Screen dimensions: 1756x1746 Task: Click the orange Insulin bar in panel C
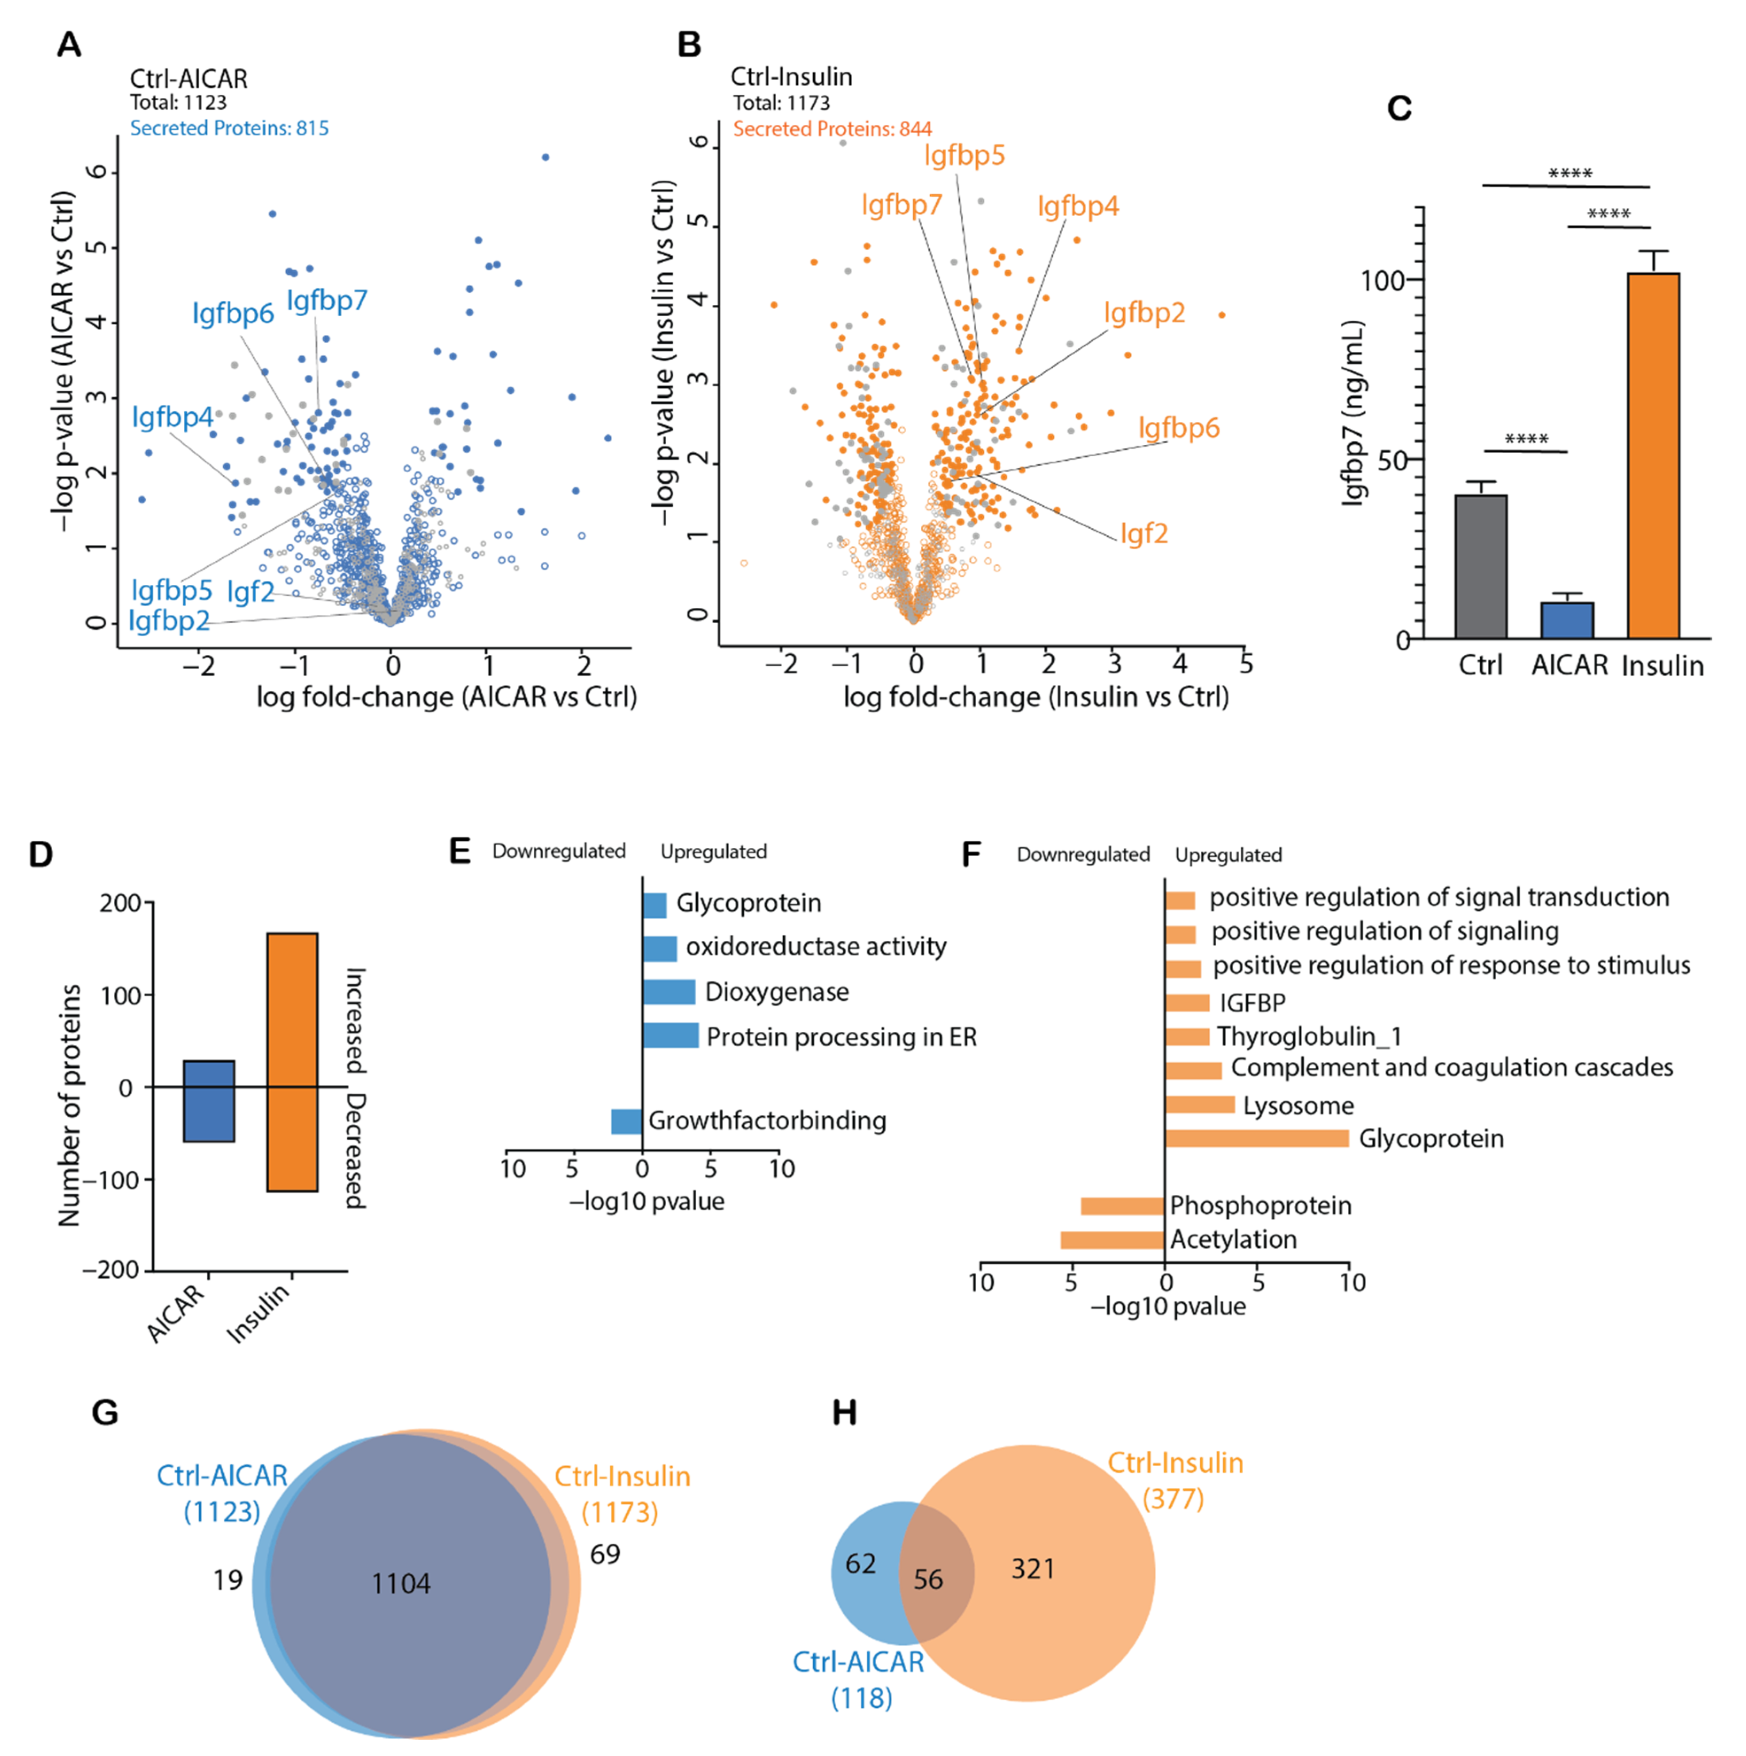1653,455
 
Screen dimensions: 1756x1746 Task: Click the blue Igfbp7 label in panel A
327,300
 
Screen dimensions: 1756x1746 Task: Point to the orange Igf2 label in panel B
1143,533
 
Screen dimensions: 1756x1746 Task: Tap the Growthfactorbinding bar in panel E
626,1121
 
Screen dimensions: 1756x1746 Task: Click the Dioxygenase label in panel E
776,991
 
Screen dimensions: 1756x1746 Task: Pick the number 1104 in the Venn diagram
401,1584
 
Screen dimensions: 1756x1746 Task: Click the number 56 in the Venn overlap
928,1580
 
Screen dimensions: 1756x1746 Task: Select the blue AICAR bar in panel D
209,1101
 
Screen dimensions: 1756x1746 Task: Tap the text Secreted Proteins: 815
229,128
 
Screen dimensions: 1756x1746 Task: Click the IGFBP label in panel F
1253,1002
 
